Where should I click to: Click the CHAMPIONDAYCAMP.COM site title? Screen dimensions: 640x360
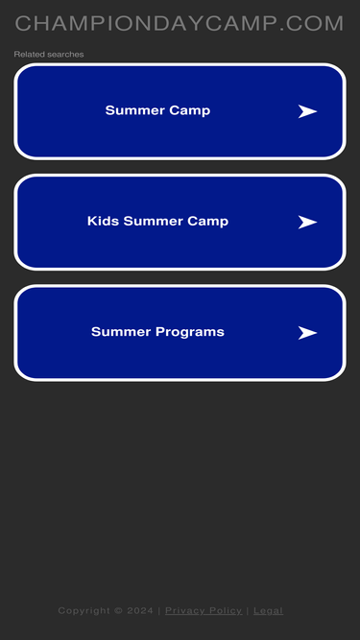(180, 24)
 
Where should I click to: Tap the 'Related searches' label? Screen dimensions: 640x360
(49, 55)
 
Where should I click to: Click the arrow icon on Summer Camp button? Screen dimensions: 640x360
(307, 111)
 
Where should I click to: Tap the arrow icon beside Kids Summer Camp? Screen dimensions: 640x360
(307, 222)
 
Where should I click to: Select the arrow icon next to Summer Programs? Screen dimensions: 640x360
(307, 333)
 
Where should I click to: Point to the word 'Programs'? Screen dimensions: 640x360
(192, 332)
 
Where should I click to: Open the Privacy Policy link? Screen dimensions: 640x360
(204, 610)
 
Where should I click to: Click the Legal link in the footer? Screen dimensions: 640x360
(268, 610)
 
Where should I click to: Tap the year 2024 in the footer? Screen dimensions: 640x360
(140, 610)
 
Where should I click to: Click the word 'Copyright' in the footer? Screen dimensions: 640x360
(84, 610)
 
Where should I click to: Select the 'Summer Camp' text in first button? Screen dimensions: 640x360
(157, 110)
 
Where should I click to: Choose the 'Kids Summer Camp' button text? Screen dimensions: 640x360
(157, 221)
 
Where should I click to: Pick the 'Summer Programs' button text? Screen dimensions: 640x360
(157, 332)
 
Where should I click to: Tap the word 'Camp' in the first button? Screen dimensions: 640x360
(190, 110)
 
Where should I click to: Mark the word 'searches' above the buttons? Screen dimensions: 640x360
(66, 55)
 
